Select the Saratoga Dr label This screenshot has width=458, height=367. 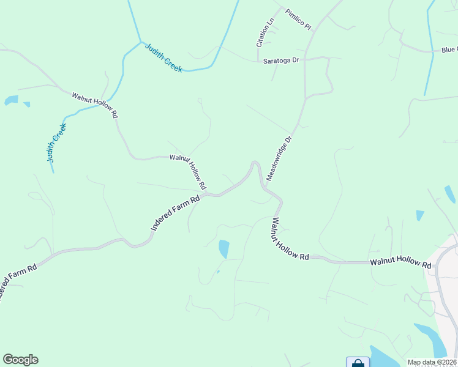(280, 61)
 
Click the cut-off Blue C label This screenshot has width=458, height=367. (449, 50)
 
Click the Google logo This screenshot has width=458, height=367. (20, 360)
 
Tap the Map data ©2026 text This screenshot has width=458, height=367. (432, 362)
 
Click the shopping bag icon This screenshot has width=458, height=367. (358, 363)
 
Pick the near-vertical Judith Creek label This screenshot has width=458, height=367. (56, 143)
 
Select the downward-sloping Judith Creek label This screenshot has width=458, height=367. (163, 59)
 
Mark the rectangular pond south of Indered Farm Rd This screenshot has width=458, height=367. (224, 249)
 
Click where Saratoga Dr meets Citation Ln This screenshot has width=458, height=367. (258, 60)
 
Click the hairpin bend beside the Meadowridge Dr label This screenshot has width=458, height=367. (255, 163)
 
